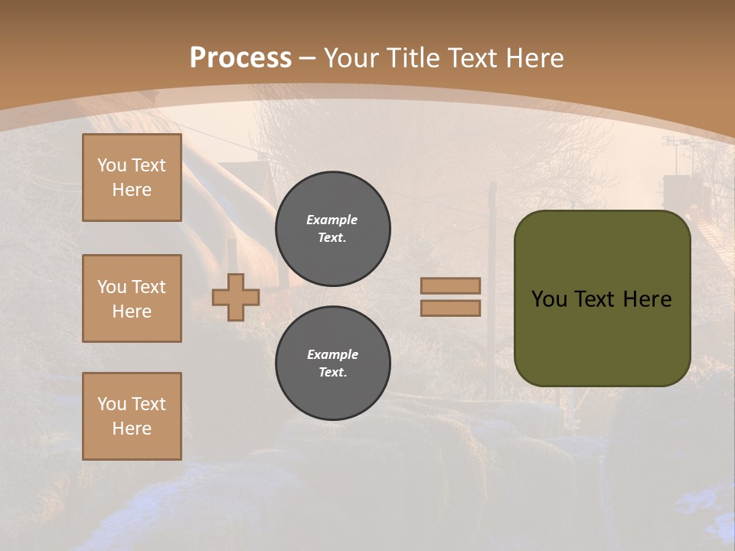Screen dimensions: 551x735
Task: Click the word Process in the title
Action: tap(240, 57)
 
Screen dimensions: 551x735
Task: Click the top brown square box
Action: tap(132, 178)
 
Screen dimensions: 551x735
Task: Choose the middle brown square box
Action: tap(132, 298)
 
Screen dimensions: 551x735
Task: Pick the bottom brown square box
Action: tap(132, 416)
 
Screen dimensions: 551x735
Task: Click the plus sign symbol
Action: tap(236, 297)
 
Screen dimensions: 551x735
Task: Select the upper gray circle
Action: tap(333, 229)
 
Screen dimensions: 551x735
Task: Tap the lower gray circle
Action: tap(333, 364)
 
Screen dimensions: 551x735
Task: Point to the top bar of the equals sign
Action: tap(451, 285)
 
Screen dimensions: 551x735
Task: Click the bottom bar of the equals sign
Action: tap(451, 308)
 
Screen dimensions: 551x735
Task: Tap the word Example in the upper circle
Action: tap(332, 220)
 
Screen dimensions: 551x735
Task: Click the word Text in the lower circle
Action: tap(332, 373)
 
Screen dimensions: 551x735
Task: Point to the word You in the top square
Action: tap(111, 165)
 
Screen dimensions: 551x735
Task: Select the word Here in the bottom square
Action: tap(132, 429)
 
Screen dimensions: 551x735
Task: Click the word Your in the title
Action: tap(351, 57)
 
